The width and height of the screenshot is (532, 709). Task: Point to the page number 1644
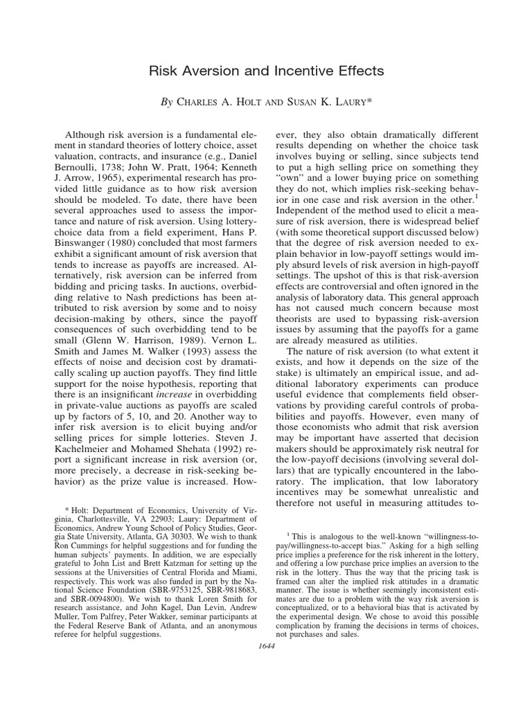[x=266, y=647]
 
